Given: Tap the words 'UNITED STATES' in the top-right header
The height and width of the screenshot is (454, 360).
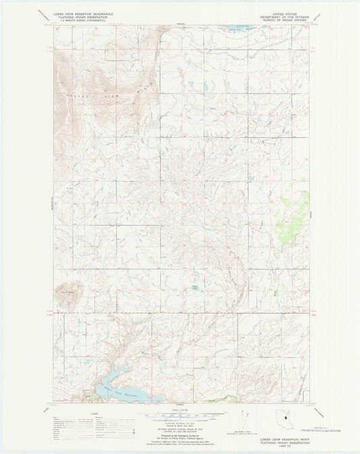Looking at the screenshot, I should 284,11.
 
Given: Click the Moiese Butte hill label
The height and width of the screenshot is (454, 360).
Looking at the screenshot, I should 68,292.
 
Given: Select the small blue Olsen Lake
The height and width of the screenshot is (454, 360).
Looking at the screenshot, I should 196,288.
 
